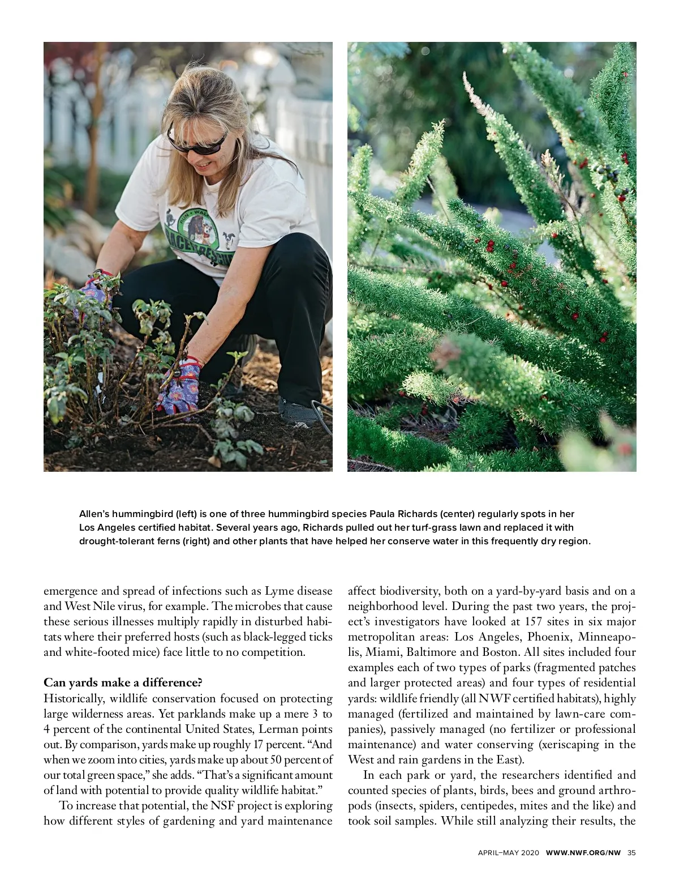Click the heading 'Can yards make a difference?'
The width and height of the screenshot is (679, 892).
123,682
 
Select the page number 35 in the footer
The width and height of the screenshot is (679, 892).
632,852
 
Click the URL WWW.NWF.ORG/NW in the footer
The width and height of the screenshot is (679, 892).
583,852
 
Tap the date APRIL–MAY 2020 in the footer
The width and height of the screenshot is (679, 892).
508,852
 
